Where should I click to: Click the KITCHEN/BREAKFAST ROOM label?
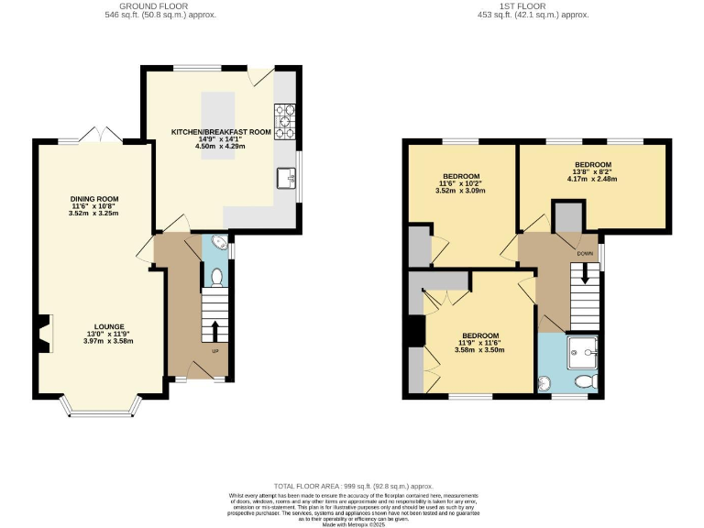[x=221, y=132]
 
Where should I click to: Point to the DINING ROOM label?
[x=95, y=199]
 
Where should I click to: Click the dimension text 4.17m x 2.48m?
[x=592, y=179]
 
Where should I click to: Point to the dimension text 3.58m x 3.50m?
[x=479, y=349]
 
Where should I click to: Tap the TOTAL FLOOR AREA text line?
[x=352, y=486]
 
